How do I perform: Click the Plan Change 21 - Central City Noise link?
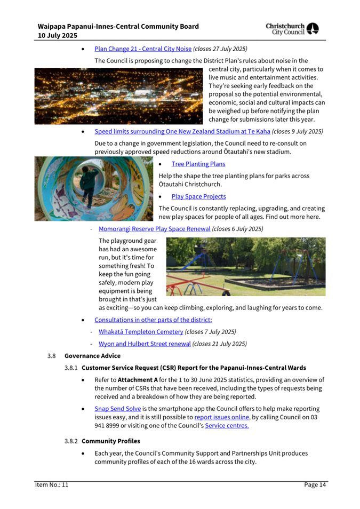(143, 49)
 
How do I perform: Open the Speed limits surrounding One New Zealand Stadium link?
(182, 131)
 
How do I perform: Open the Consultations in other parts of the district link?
(153, 320)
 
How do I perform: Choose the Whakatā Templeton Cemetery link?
(141, 331)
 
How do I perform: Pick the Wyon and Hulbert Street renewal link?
(145, 344)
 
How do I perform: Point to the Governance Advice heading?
(92, 356)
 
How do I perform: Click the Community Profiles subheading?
(111, 442)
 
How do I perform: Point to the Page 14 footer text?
(315, 484)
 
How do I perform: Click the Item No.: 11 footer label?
(52, 484)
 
